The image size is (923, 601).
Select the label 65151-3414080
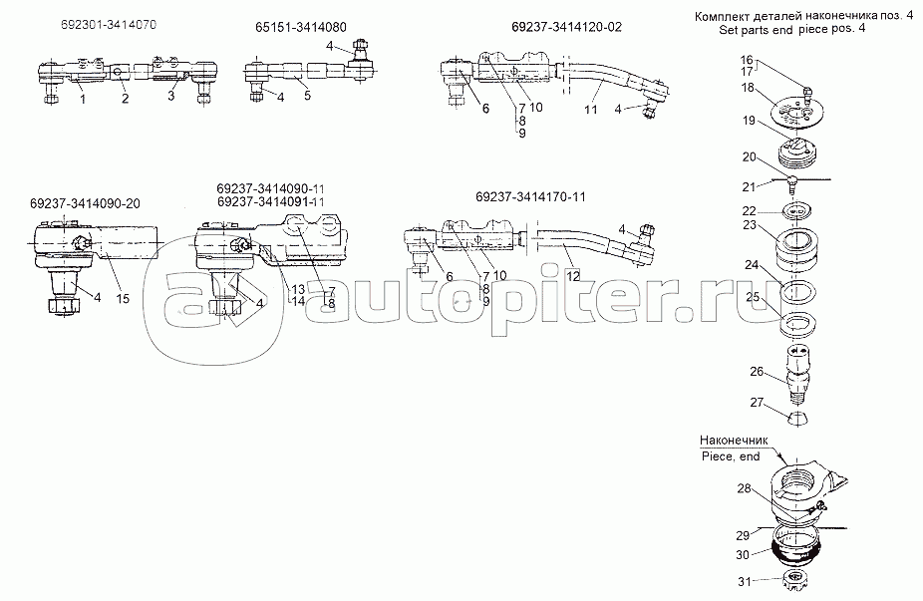click(x=301, y=29)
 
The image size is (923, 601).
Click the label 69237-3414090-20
click(x=84, y=203)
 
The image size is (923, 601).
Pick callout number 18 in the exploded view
click(x=749, y=89)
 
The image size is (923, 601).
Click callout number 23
click(x=749, y=226)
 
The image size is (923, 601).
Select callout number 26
click(x=756, y=371)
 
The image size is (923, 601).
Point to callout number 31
click(x=743, y=582)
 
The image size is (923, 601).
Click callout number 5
click(x=308, y=97)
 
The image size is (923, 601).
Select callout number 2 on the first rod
click(x=126, y=99)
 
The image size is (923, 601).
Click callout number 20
click(x=749, y=156)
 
